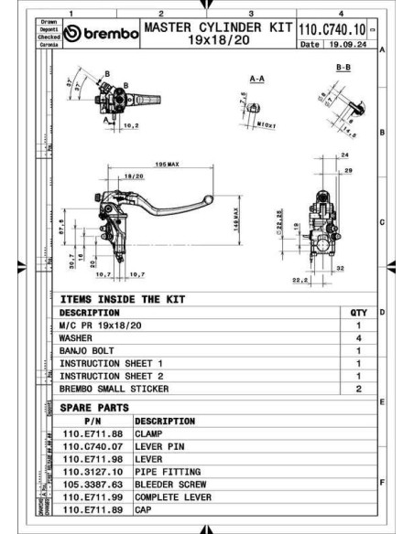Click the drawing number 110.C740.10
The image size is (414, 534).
332,29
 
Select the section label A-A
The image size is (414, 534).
257,80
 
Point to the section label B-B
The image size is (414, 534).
343,68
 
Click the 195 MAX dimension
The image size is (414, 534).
167,165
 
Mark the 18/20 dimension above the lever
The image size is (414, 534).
134,176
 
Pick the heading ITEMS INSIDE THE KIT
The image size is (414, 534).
122,299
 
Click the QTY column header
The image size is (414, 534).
359,312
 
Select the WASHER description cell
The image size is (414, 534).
79,337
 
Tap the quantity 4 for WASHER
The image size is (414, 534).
359,337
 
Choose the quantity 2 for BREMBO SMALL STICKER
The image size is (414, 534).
359,389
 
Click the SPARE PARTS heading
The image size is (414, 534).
94,407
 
